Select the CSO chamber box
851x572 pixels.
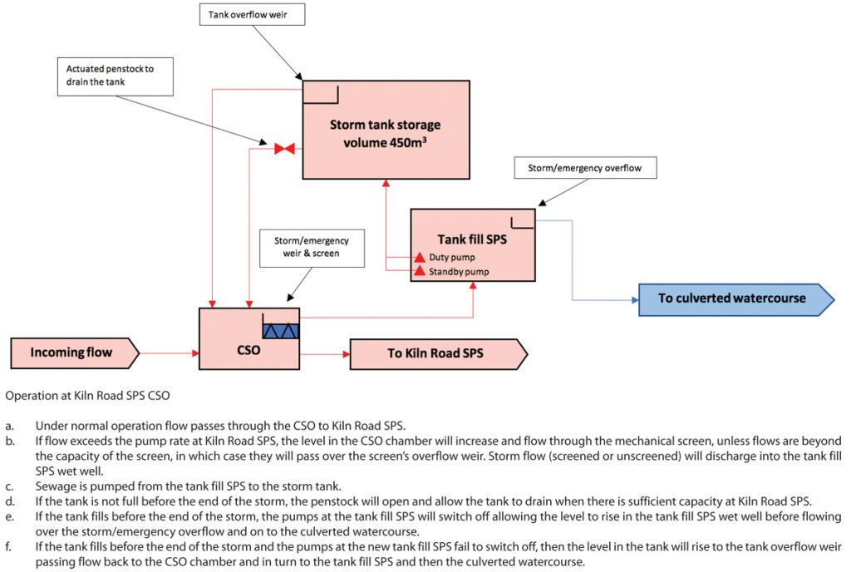[x=248, y=350]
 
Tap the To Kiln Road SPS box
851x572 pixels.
[x=435, y=353]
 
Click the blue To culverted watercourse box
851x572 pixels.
[x=732, y=298]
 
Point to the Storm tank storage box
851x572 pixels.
[x=385, y=130]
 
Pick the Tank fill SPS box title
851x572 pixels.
[x=472, y=239]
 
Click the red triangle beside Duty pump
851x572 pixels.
[x=420, y=257]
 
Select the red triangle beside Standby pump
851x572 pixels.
[x=420, y=271]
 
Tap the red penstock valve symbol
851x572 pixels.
[x=284, y=149]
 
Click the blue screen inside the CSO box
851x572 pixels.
[x=280, y=330]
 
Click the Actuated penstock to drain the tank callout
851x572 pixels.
[x=116, y=75]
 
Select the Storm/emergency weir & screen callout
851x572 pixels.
[x=312, y=248]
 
